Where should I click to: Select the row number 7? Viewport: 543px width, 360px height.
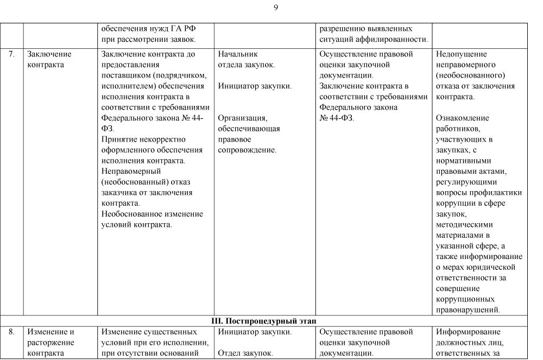[11, 54]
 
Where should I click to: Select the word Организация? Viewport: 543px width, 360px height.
[243, 118]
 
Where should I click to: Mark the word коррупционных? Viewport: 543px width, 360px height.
[465, 299]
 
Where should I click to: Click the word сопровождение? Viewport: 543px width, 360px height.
[247, 150]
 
